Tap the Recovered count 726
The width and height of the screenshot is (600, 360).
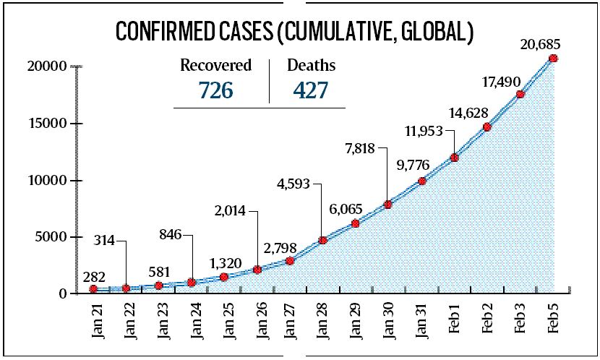(215, 90)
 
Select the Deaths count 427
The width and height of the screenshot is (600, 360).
(311, 90)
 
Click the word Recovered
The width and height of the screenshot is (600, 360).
(215, 65)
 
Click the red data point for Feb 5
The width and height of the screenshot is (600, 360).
(554, 59)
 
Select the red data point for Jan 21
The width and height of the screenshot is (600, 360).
(93, 289)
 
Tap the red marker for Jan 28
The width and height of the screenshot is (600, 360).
(323, 240)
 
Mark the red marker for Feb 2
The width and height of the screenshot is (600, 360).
(487, 127)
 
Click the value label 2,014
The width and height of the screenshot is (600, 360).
(229, 211)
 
